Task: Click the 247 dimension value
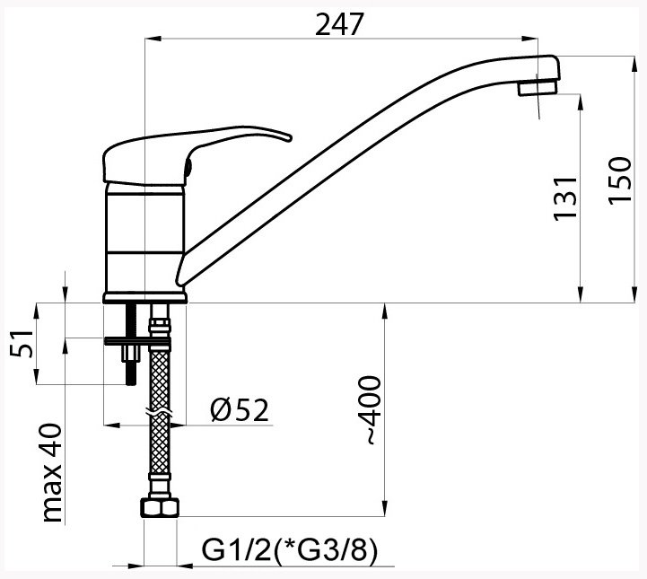[339, 24]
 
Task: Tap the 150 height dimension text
[620, 180]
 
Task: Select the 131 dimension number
[564, 198]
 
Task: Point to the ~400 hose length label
[372, 410]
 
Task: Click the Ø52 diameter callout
[240, 410]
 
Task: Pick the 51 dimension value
[22, 343]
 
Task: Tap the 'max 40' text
[52, 473]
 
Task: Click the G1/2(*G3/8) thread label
[290, 550]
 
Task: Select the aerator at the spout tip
[538, 88]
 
